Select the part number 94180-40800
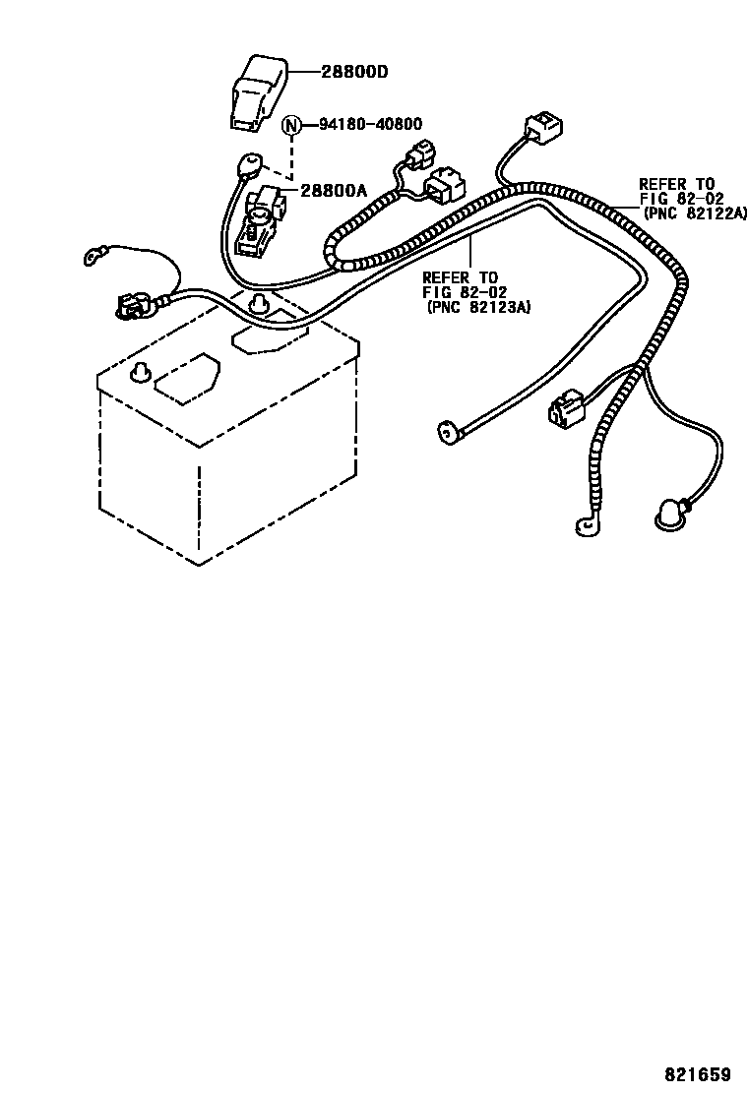[x=370, y=124]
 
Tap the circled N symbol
[x=291, y=125]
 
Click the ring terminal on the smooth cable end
[x=447, y=428]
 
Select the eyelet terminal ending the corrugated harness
[x=586, y=526]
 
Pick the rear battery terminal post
[x=259, y=301]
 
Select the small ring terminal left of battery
[x=93, y=260]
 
